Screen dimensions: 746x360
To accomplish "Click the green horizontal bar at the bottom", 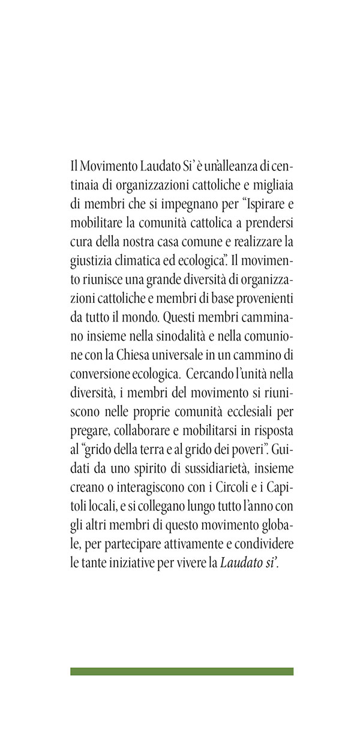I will (182, 671).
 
